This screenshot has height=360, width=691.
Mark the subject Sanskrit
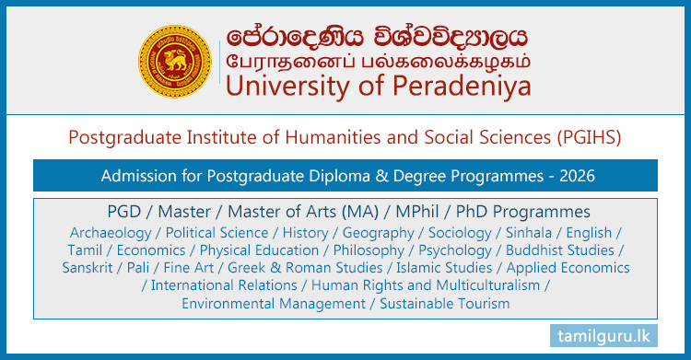(89, 268)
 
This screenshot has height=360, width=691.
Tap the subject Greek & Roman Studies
(284, 268)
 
